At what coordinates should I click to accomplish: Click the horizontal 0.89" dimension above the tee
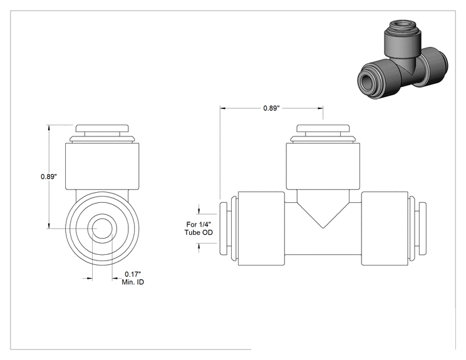click(271, 108)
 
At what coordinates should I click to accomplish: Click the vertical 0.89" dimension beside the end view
click(49, 177)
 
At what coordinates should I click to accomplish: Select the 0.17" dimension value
click(133, 274)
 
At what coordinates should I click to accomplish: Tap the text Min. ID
click(133, 282)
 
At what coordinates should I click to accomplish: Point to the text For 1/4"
click(199, 224)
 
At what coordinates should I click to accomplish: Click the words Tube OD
click(199, 232)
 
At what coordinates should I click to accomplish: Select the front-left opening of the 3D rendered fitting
click(366, 80)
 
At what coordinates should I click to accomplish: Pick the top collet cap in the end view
click(103, 128)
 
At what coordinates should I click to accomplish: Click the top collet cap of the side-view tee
click(323, 128)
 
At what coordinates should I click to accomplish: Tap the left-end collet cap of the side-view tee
click(223, 229)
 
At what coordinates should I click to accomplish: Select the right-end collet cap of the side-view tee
click(422, 229)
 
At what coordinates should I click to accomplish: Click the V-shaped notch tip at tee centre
click(323, 228)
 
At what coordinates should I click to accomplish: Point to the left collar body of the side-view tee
click(262, 229)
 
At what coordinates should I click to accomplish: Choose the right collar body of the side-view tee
click(385, 229)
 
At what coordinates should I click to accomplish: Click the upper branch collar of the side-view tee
click(323, 166)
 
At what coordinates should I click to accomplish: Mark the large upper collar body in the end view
click(102, 166)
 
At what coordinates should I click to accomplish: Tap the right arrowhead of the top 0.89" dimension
click(321, 108)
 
